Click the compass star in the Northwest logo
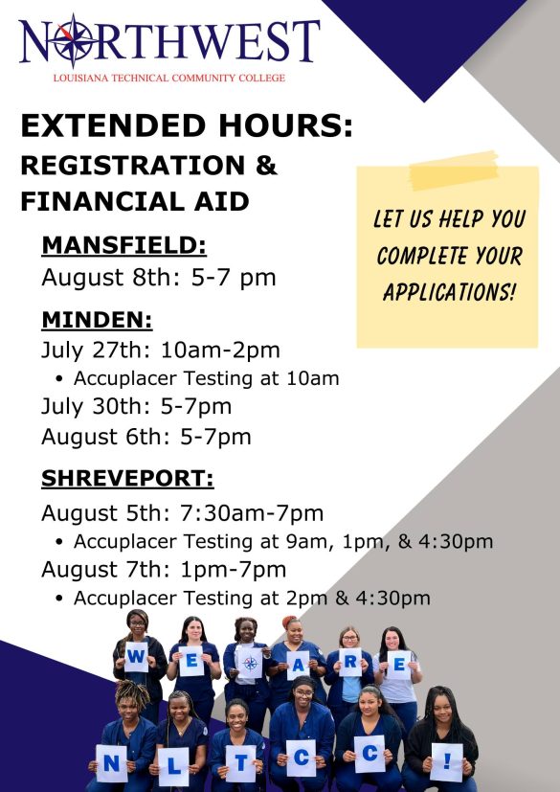[74, 40]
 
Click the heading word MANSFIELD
[124, 245]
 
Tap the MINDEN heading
[97, 320]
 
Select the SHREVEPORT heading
[127, 478]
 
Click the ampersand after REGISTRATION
[266, 166]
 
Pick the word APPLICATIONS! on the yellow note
[449, 291]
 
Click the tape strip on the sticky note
[454, 170]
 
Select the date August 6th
[106, 437]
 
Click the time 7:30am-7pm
[252, 513]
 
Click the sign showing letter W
[136, 657]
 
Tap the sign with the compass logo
[250, 663]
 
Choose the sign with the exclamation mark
[447, 762]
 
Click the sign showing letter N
[112, 763]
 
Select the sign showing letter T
[240, 763]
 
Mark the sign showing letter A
[298, 666]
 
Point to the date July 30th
[96, 407]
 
